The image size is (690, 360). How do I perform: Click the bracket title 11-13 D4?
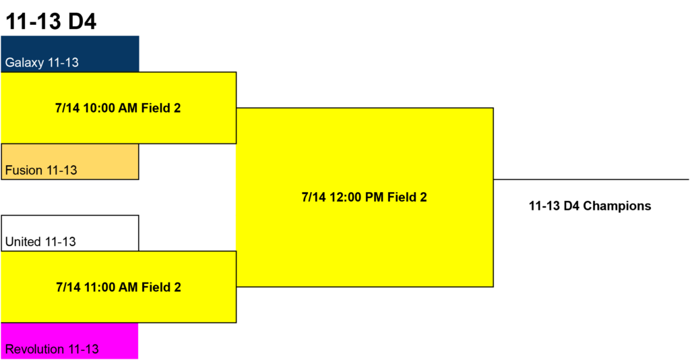51,22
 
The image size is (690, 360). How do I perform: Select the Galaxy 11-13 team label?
42,63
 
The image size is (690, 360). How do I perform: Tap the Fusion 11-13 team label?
41,170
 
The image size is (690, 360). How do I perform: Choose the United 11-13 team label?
40,241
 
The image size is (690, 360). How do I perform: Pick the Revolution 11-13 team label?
52,349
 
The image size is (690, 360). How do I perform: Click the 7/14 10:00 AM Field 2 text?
118,108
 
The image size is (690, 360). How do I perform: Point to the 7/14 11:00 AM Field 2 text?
119,287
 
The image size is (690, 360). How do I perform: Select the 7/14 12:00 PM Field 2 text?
365,197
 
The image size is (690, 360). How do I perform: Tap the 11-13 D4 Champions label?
590,206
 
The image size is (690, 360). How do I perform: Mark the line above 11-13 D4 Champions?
591,179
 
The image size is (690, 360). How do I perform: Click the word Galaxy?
25,63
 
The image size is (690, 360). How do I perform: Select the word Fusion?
24,170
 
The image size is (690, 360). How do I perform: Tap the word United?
23,241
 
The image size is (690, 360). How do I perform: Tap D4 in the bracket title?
82,22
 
